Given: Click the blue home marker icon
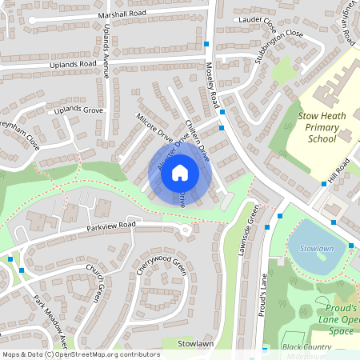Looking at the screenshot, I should (180, 171).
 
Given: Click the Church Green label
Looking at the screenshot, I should (96, 284).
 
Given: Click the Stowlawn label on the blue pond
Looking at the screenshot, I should (316, 250).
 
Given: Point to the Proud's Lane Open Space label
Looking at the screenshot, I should (337, 314).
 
